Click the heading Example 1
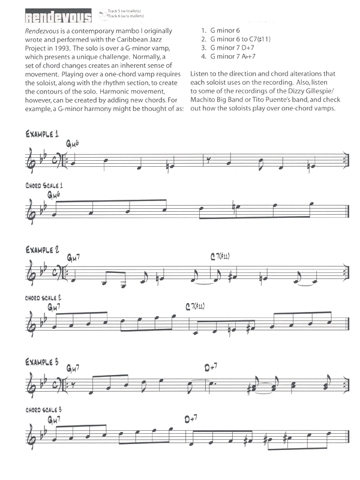click(41, 134)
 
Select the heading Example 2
click(41, 248)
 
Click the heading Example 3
click(42, 363)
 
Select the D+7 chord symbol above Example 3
click(210, 367)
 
